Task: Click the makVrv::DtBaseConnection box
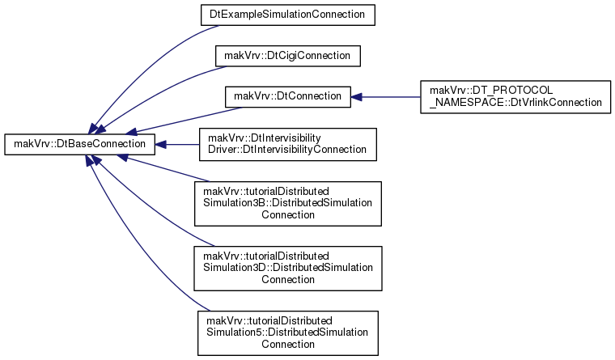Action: point(79,144)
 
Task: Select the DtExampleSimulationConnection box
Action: point(288,15)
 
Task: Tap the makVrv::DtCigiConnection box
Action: point(288,56)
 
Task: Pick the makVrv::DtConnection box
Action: point(288,97)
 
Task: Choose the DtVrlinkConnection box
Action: point(515,97)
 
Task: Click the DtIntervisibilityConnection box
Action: point(288,144)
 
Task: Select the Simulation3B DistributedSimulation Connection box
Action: point(288,204)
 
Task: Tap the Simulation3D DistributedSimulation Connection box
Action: point(288,269)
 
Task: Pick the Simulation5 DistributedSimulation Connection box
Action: point(288,333)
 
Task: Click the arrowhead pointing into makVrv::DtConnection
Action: point(356,97)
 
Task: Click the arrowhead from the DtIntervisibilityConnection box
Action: point(160,145)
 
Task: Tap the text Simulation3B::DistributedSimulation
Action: point(287,203)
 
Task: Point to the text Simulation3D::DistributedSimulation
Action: point(288,268)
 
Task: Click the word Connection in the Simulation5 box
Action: point(288,345)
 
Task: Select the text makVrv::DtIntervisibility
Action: point(265,138)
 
